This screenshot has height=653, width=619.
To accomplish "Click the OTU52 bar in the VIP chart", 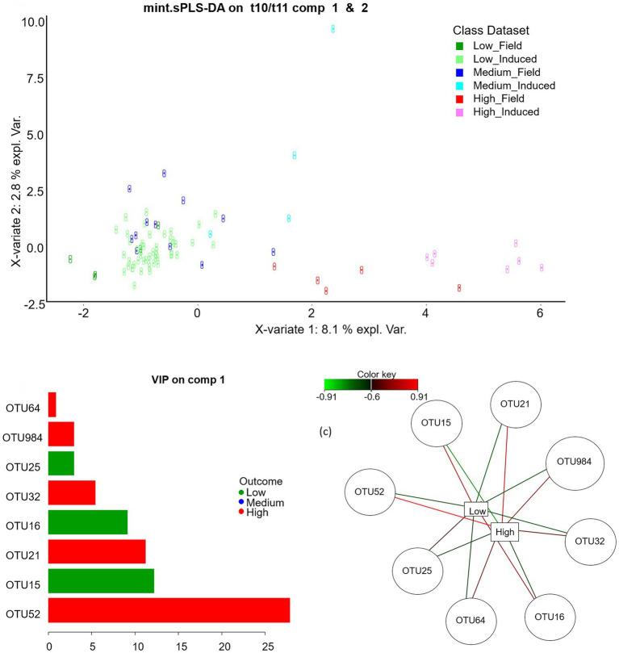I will point(169,610).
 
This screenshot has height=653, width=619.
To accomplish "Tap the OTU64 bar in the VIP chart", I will point(52,404).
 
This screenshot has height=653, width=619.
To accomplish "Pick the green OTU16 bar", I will point(88,522).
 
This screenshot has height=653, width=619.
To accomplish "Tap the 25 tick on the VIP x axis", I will point(267,646).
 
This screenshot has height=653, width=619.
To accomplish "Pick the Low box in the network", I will point(477,511).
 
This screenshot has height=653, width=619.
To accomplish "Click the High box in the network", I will point(504,531).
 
